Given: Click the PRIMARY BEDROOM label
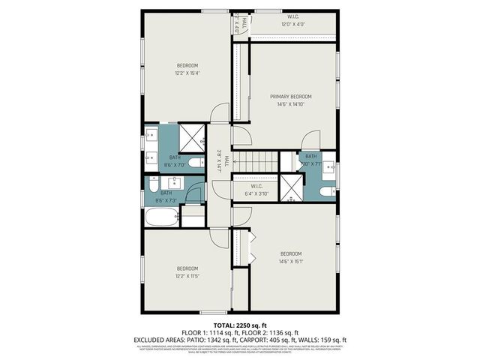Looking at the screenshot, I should click(291, 97).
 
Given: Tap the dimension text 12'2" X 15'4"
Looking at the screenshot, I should click(187, 73).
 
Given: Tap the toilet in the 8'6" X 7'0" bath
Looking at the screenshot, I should click(194, 163).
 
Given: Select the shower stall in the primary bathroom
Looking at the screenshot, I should click(291, 187).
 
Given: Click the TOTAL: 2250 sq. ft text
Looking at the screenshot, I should click(239, 325).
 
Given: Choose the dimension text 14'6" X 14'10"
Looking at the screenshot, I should click(291, 104).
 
